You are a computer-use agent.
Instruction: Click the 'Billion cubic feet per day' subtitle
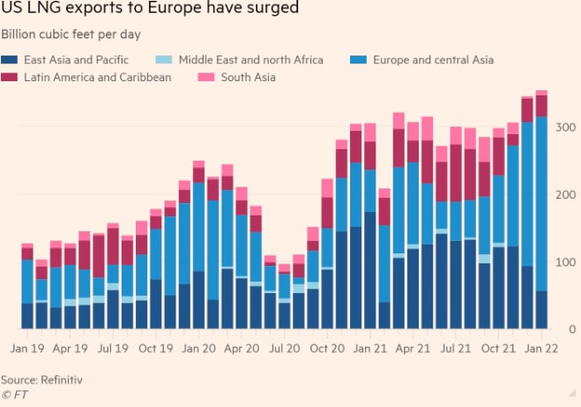(x=73, y=34)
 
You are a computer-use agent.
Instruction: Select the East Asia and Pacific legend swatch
(x=11, y=60)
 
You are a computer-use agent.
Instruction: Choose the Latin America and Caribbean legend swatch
(x=11, y=78)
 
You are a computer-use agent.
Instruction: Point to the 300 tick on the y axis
(x=564, y=128)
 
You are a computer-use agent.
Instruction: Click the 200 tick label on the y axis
(x=564, y=195)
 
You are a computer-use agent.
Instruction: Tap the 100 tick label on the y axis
(x=564, y=263)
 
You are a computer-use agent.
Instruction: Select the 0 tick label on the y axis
(x=571, y=330)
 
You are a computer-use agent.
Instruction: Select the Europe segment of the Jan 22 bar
(x=541, y=203)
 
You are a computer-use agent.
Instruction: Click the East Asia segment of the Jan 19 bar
(x=26, y=316)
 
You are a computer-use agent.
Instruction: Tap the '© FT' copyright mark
(x=14, y=395)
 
